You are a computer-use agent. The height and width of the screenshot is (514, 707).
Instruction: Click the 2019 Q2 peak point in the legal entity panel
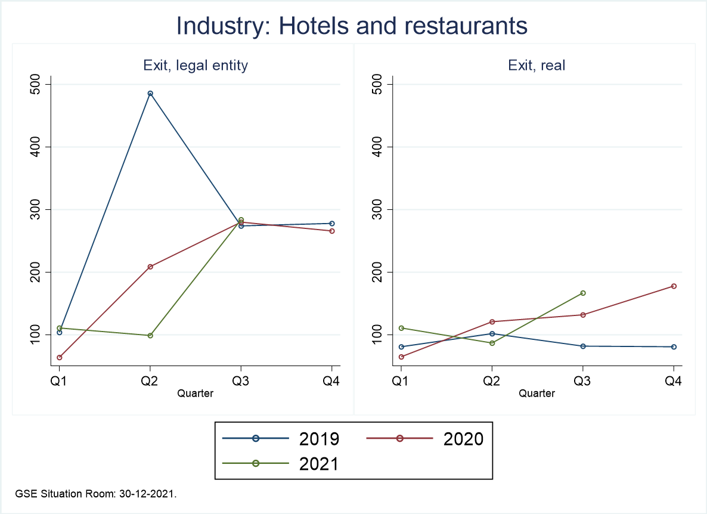pos(150,94)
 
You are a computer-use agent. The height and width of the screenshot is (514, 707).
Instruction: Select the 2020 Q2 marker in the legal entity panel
pos(150,267)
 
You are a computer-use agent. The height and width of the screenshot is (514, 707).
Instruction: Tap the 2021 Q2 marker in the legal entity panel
pos(150,336)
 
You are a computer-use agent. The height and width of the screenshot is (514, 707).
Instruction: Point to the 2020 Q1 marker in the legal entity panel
pos(60,358)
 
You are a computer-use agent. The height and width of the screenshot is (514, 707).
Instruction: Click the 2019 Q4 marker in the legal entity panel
pos(332,224)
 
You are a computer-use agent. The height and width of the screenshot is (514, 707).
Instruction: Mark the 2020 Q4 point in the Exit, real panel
pos(674,286)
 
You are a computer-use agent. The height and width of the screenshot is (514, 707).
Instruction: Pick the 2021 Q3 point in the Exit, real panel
pos(583,293)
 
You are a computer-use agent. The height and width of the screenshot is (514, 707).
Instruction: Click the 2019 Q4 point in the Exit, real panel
pos(674,347)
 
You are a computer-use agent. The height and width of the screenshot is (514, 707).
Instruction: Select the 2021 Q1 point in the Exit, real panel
pos(401,328)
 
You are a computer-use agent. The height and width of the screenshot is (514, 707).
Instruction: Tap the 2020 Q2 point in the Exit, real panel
pos(492,322)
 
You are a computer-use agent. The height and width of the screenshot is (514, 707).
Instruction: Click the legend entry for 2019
pos(280,439)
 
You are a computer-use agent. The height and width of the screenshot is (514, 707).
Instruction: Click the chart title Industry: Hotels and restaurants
pos(352,26)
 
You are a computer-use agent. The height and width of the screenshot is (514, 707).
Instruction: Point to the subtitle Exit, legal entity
pos(196,66)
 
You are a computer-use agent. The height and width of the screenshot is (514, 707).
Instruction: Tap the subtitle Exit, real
pos(537,66)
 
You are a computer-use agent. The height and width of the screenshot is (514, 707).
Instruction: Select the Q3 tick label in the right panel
pos(582,382)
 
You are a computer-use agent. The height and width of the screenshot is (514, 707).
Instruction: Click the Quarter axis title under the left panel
pos(196,393)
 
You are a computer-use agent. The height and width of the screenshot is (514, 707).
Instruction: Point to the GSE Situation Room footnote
pos(96,494)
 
